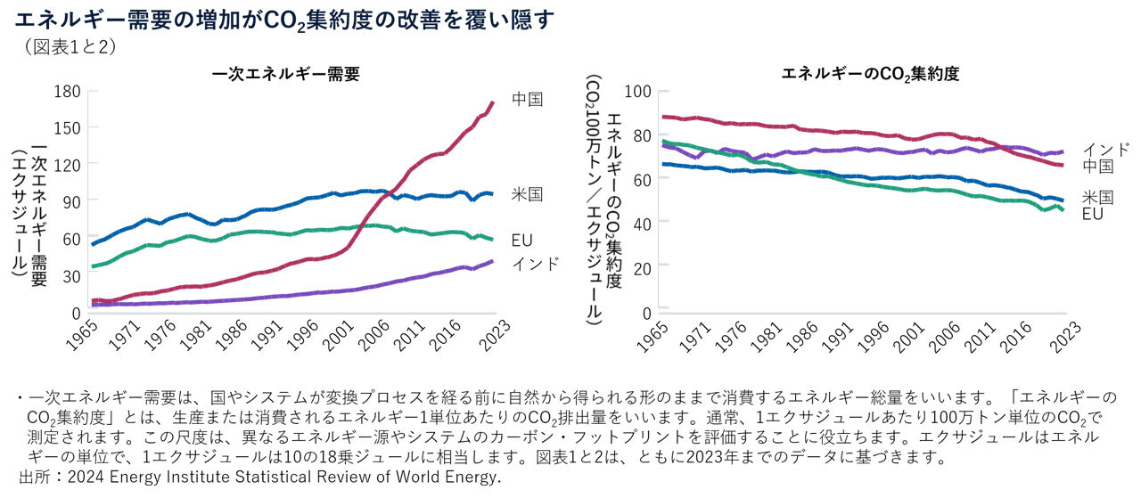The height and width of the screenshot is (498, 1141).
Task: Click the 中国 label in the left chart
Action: click(527, 99)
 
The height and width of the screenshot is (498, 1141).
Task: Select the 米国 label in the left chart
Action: click(527, 194)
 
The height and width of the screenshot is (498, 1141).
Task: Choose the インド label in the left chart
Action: click(535, 264)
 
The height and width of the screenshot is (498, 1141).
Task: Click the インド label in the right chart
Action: click(1105, 149)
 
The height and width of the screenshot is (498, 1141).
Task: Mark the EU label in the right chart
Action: click(1094, 214)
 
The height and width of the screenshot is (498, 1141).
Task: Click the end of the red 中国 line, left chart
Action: click(492, 102)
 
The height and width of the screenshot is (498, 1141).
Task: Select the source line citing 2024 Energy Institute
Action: click(259, 478)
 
